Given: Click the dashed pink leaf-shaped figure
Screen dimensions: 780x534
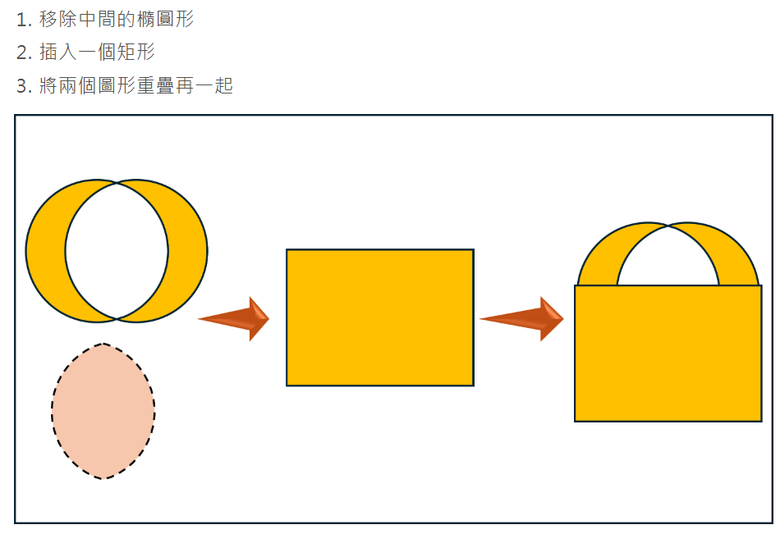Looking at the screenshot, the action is tap(103, 411).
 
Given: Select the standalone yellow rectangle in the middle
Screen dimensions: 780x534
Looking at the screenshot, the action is tap(380, 317).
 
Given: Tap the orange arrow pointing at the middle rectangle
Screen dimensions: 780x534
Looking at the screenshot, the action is tap(234, 319).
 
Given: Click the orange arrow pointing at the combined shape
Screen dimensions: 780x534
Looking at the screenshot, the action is tap(522, 319).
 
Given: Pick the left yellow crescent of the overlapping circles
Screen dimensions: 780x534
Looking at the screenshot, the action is tap(46, 251).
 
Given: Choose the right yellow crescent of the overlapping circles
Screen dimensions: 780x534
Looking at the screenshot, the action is tap(188, 251).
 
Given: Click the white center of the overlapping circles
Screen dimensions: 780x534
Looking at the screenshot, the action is tap(117, 251).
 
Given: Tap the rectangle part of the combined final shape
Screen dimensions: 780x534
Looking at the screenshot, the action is tap(668, 354).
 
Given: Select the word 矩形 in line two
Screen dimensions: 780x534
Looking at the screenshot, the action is tap(136, 52).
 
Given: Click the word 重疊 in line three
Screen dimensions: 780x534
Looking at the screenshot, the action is tap(156, 85).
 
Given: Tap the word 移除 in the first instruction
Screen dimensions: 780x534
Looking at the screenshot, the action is tap(58, 20).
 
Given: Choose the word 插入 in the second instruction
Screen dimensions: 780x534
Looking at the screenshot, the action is tap(58, 52).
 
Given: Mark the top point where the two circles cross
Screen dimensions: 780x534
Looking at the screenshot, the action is tap(117, 183).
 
